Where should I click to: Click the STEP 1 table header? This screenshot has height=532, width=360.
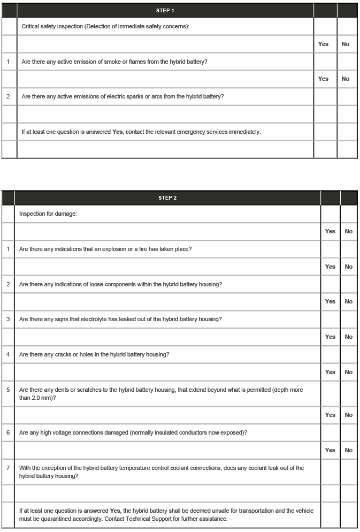click(165, 11)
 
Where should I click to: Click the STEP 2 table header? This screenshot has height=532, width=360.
click(167, 198)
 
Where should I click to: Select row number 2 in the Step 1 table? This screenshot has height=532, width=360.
click(8, 97)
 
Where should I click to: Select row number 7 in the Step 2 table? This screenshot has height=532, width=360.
click(7, 468)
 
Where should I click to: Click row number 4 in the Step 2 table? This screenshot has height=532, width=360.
click(7, 354)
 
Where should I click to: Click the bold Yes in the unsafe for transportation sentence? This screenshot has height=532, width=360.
click(115, 511)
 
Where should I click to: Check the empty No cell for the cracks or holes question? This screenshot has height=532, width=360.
click(348, 354)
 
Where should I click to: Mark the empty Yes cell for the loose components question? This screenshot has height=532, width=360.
click(330, 284)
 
